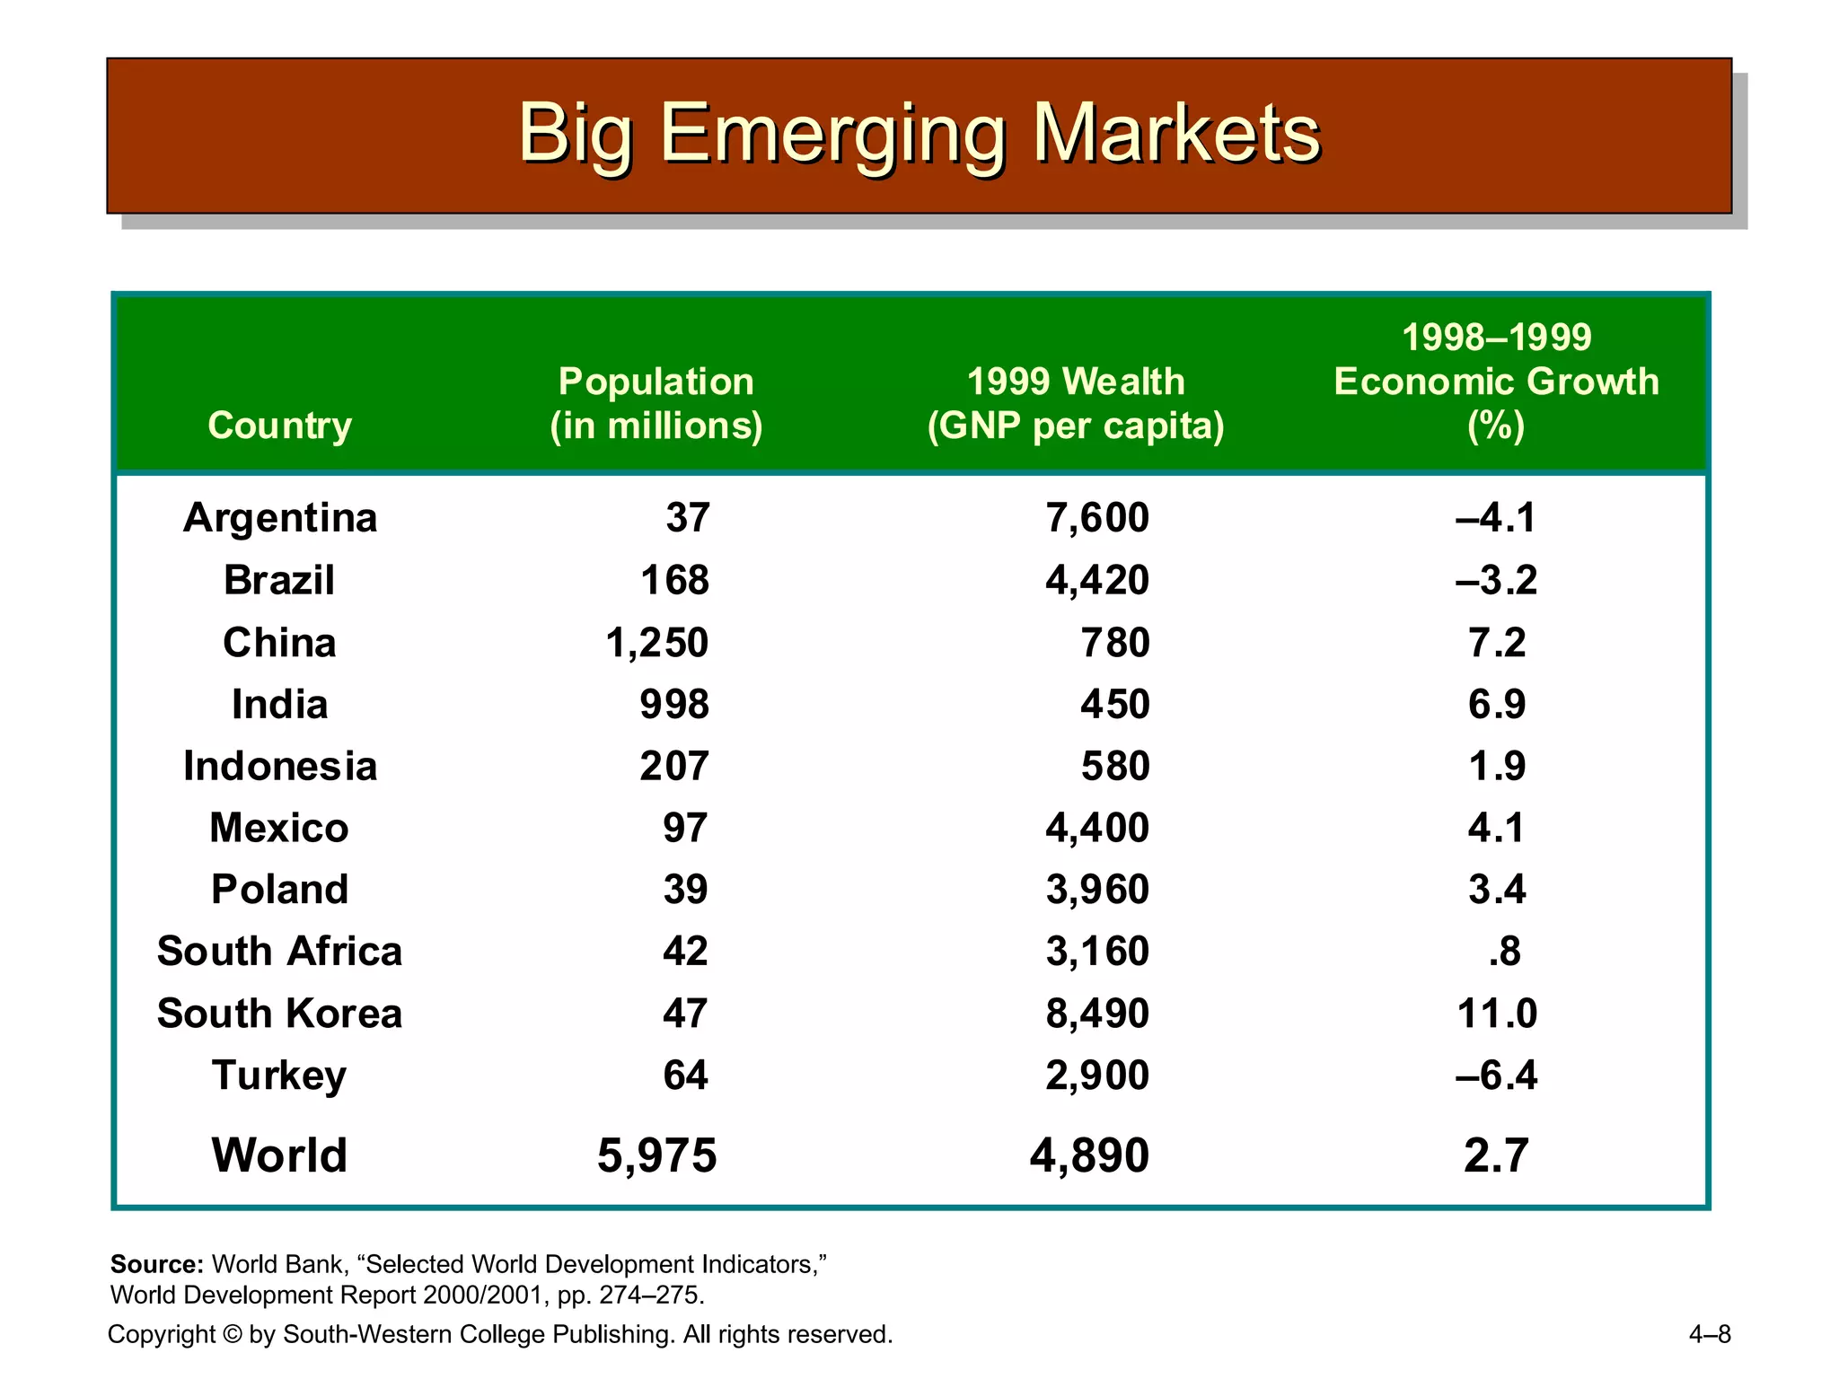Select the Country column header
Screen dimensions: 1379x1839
click(279, 425)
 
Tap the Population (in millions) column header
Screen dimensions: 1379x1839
click(656, 403)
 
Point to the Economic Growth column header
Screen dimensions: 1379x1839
click(1496, 382)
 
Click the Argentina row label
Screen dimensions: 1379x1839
click(279, 518)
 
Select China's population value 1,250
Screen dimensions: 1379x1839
click(656, 643)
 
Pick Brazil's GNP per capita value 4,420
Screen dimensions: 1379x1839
click(1096, 580)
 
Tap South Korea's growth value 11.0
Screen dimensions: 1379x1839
click(1496, 1014)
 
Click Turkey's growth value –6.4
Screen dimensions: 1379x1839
click(1496, 1076)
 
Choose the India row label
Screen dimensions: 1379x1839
click(279, 705)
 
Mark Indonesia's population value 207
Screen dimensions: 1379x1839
click(673, 767)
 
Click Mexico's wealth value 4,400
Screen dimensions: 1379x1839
click(1096, 828)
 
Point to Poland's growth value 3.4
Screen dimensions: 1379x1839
click(1496, 890)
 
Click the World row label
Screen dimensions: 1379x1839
click(279, 1155)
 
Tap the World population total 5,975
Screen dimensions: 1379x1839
click(656, 1155)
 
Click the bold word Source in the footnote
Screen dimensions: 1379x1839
click(156, 1264)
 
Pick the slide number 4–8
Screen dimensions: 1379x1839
click(1709, 1334)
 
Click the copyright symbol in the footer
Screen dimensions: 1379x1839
click(232, 1334)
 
